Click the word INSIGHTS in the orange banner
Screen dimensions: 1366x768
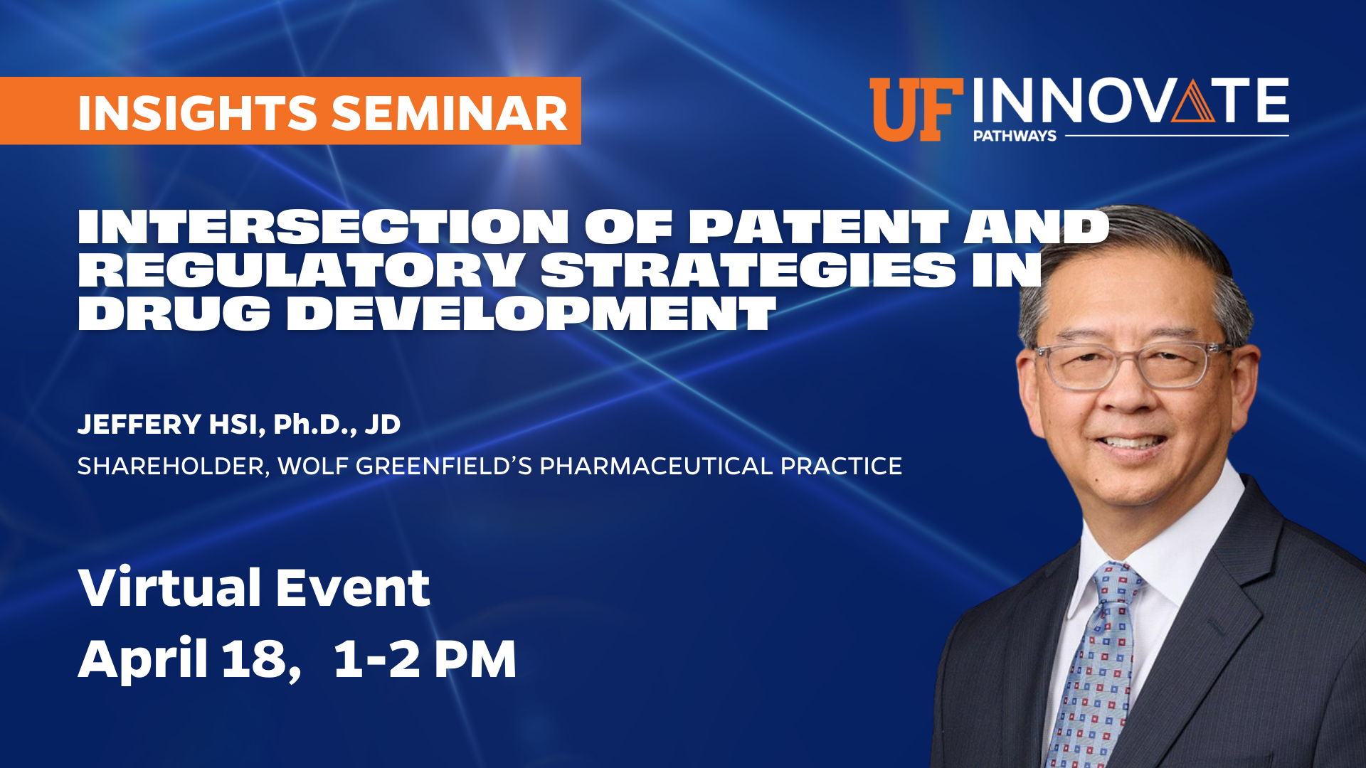coord(197,113)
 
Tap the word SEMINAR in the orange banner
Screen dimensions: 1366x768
coord(450,113)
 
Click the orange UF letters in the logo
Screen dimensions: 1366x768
coord(916,110)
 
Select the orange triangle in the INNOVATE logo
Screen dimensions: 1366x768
coord(1193,100)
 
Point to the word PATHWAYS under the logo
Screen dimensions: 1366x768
coord(1015,136)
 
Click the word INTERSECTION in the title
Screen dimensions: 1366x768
coord(323,227)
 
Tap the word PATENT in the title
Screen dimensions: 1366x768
coord(818,227)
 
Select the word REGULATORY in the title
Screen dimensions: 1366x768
coord(301,270)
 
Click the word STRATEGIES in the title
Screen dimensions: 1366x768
coord(748,270)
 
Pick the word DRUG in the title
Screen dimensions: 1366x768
coord(174,313)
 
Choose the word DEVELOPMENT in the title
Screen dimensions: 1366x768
coord(531,313)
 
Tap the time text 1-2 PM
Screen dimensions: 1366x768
coord(425,659)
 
